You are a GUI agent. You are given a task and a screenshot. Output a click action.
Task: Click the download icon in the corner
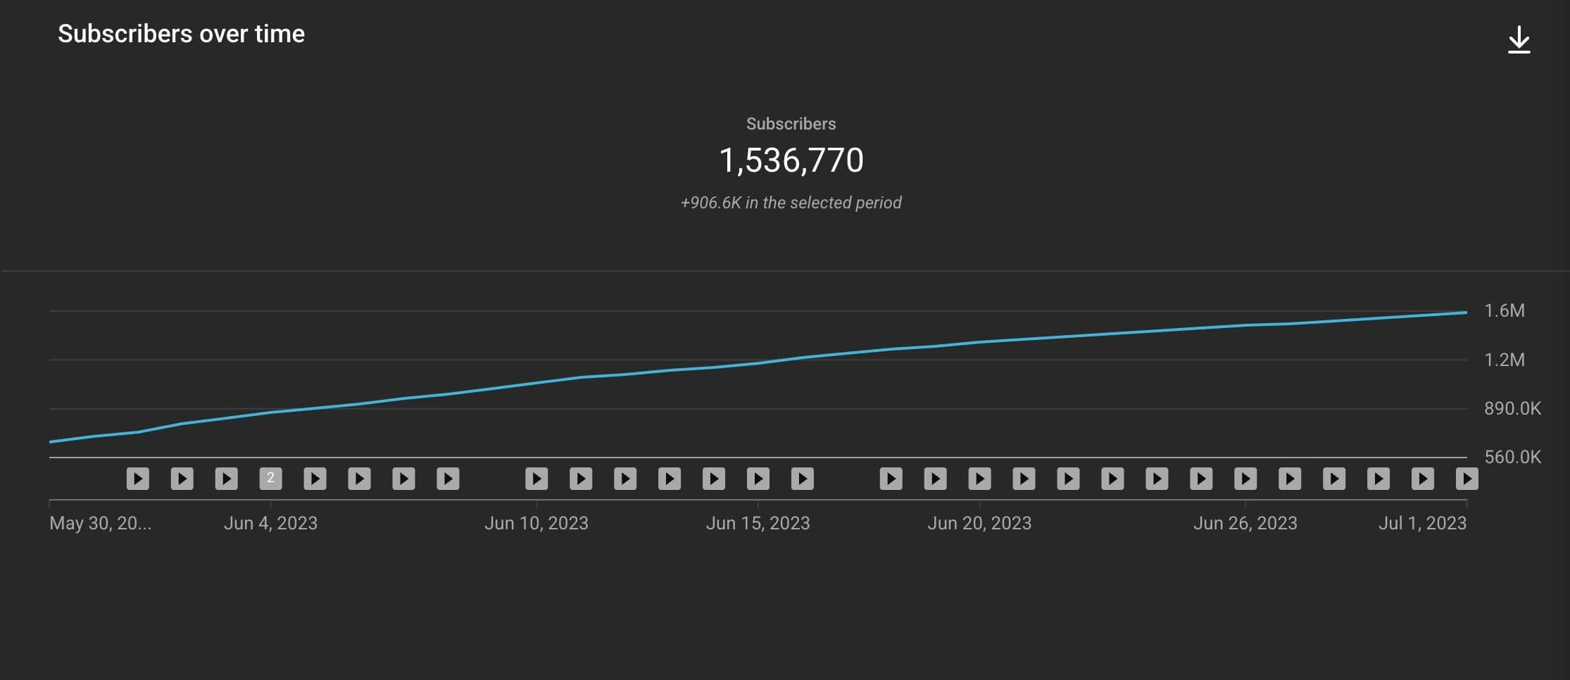point(1519,40)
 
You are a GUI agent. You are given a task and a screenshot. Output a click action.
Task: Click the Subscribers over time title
point(181,34)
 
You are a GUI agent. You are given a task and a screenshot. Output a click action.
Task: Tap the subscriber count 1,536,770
point(791,160)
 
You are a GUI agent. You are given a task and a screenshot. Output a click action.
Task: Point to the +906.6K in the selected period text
point(791,203)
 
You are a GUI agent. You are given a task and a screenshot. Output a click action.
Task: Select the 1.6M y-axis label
point(1504,310)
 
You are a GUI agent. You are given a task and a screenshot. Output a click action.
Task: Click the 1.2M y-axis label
point(1504,360)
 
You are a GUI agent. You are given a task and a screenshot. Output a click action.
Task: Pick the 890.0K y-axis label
point(1512,408)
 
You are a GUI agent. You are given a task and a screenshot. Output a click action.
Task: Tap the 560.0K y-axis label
point(1512,457)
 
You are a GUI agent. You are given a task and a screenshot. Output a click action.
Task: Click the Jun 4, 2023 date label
point(270,523)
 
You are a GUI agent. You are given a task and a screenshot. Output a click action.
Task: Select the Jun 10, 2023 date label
point(536,523)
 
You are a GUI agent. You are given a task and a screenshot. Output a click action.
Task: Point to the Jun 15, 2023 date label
point(758,523)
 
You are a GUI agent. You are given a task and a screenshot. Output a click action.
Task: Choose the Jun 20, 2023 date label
point(979,523)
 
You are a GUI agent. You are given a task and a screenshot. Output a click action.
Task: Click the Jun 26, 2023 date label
point(1245,523)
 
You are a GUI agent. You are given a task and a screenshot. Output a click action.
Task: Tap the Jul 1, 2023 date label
point(1422,523)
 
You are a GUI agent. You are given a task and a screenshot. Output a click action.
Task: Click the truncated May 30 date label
point(100,523)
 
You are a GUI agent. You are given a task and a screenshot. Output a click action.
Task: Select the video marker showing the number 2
point(270,479)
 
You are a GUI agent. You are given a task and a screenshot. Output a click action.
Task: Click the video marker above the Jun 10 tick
point(536,479)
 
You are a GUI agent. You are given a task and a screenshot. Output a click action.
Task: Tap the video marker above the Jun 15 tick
point(758,479)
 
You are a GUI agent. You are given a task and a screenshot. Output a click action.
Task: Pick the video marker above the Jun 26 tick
point(1245,479)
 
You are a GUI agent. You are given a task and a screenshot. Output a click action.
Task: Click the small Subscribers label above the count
point(791,124)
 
